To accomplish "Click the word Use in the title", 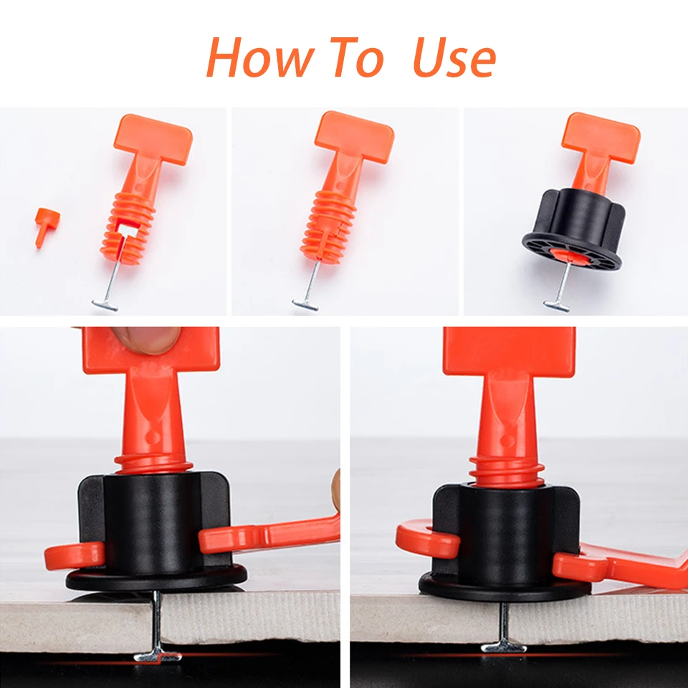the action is (x=454, y=58).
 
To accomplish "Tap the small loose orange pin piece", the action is (x=46, y=225).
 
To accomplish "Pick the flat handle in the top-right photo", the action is (x=601, y=135).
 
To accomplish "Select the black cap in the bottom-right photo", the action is (x=505, y=540).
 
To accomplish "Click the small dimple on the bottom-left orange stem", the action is (x=153, y=437).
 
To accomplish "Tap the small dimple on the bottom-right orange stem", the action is (x=507, y=441).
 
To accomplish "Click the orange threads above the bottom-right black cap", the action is (x=507, y=471).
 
